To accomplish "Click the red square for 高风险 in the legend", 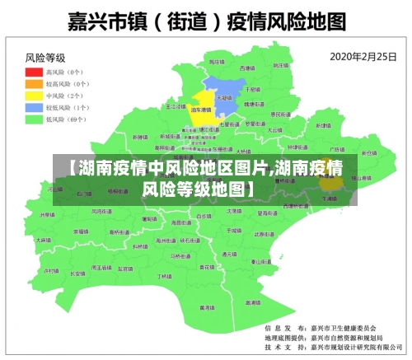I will click(x=33, y=72).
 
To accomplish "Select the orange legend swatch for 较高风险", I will click(x=33, y=84).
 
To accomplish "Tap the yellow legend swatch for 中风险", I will click(x=33, y=96).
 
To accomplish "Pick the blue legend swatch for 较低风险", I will click(x=33, y=107).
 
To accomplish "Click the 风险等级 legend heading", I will click(x=45, y=58).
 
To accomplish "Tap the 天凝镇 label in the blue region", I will click(x=222, y=97).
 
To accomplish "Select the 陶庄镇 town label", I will click(x=216, y=63).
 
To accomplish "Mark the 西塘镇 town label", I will click(x=247, y=68).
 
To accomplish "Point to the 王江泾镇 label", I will click(x=175, y=106).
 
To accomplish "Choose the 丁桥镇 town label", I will click(x=164, y=277).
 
